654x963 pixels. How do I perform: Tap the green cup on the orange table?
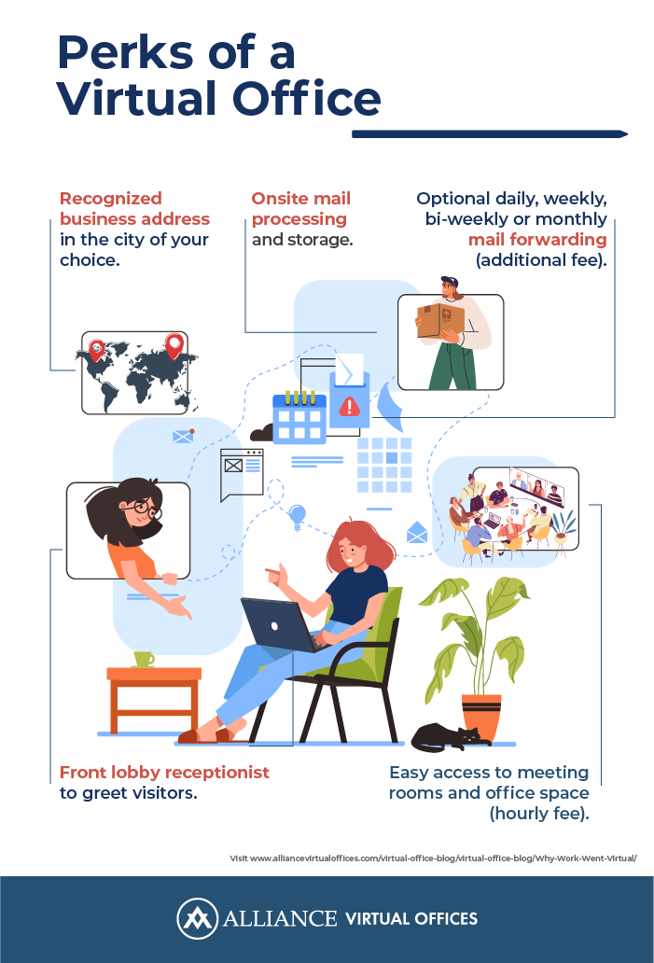[x=143, y=660]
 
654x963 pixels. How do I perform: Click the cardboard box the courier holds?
[x=440, y=320]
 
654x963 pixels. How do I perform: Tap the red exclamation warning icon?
[x=350, y=406]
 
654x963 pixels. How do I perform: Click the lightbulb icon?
[x=298, y=517]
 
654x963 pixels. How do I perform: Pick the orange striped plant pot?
[x=481, y=717]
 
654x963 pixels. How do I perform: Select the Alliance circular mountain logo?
[x=197, y=919]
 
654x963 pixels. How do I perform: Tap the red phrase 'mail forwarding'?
[x=537, y=240]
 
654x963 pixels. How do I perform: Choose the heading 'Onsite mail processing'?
[x=300, y=209]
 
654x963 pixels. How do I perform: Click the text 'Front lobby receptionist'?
[x=164, y=772]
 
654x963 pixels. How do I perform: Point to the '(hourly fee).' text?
[x=539, y=813]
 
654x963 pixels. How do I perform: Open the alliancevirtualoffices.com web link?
[x=434, y=858]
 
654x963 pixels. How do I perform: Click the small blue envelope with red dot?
[x=184, y=436]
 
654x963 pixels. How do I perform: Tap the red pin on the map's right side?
[x=174, y=346]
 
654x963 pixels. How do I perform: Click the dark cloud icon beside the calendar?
[x=261, y=432]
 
